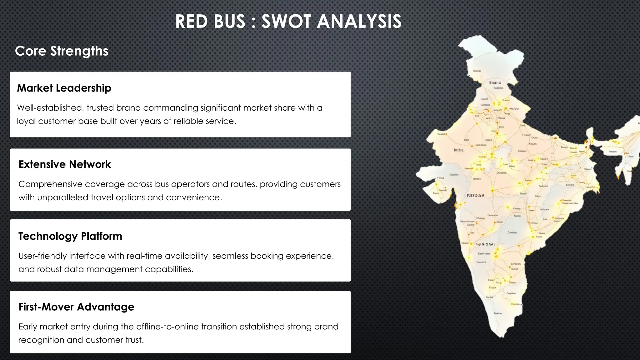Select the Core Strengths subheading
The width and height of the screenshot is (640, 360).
point(62,51)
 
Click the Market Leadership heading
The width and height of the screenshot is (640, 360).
point(64,88)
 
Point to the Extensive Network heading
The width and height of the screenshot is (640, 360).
point(65,164)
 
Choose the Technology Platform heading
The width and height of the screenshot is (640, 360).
point(70,236)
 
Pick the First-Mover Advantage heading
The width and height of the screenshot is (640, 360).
point(76,307)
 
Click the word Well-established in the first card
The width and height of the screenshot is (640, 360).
point(50,108)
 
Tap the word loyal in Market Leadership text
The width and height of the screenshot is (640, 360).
point(26,121)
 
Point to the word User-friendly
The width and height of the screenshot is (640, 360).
point(42,256)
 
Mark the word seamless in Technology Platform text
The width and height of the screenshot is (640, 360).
point(230,256)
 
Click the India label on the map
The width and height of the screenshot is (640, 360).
point(458,150)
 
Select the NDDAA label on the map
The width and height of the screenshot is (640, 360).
point(475,196)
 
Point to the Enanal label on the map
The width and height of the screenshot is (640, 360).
point(495,82)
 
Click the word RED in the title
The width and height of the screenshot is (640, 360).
point(190,22)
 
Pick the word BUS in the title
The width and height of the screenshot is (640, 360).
point(229,22)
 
